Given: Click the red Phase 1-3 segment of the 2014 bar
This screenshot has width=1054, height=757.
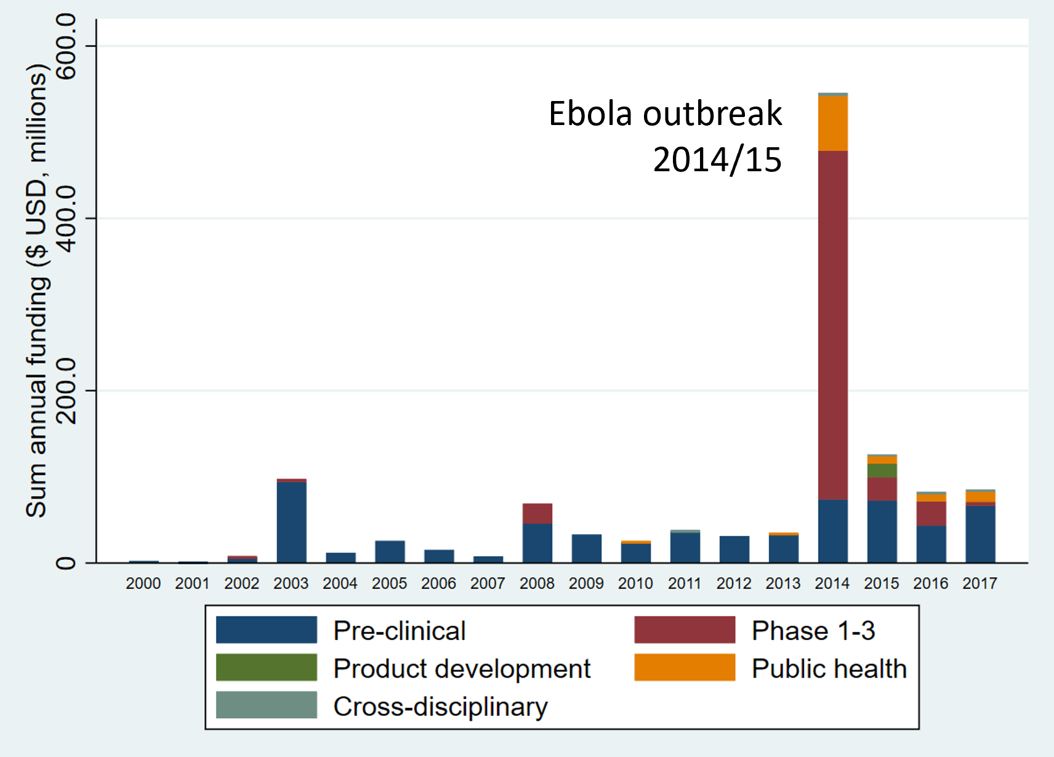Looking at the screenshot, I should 832,325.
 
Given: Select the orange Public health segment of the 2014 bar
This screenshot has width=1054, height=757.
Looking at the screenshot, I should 832,123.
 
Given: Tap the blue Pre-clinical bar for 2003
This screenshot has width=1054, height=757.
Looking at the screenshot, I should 291,522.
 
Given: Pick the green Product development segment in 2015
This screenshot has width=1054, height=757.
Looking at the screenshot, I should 882,471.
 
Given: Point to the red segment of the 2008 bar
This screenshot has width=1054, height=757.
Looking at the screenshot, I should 537,513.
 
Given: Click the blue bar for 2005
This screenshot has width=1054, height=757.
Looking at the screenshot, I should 390,551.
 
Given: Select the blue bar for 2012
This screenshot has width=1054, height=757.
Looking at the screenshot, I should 734,549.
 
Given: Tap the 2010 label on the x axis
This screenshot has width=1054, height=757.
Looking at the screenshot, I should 635,583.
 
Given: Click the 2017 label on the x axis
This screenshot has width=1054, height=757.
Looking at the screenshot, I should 980,583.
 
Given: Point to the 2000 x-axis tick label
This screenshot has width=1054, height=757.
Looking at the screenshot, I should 143,583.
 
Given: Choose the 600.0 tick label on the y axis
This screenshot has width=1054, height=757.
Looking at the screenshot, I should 66,47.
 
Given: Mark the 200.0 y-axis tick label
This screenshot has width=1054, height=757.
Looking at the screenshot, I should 66,391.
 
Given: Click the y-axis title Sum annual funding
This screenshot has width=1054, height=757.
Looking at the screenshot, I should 37,289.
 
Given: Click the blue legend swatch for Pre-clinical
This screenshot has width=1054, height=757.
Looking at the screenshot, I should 266,630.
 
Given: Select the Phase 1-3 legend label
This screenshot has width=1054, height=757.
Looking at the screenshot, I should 813,631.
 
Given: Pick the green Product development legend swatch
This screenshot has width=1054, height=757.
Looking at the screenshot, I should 266,668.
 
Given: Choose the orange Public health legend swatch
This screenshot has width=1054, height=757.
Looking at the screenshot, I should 685,668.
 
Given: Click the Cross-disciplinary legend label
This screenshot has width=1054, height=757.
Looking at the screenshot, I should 440,706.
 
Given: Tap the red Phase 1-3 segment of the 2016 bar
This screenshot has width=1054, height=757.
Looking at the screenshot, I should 931,513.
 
